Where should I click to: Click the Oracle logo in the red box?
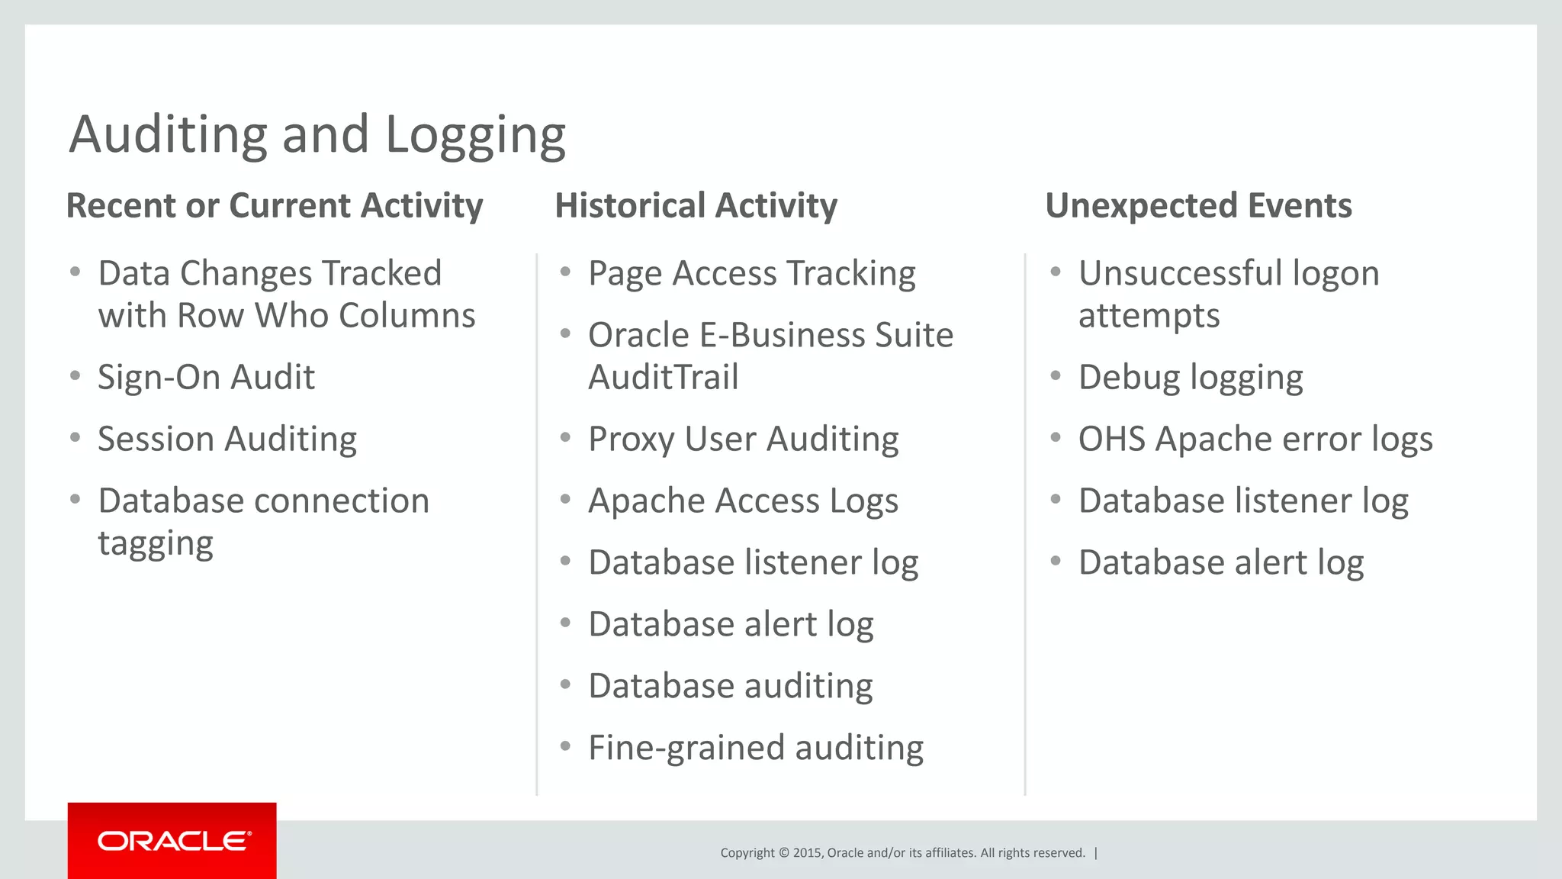(x=173, y=841)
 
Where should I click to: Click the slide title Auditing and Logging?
(x=317, y=135)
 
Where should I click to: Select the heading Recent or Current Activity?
(x=275, y=206)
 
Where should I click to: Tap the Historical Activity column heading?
(x=696, y=206)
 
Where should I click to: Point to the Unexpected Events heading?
(x=1198, y=206)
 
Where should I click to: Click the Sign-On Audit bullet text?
(x=206, y=378)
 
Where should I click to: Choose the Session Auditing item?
(x=227, y=439)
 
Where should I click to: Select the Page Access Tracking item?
(x=751, y=274)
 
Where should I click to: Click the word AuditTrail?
(x=663, y=378)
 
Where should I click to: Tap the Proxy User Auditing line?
(x=743, y=439)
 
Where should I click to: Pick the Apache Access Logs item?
(x=743, y=501)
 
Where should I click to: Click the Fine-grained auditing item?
(x=755, y=749)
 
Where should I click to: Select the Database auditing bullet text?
(x=730, y=687)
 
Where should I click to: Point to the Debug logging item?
(x=1190, y=378)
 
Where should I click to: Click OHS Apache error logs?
(x=1255, y=439)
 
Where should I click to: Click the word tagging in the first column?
(x=156, y=544)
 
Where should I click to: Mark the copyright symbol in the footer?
(x=783, y=853)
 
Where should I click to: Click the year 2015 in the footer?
(x=807, y=853)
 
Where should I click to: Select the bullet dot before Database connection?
(x=75, y=500)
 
